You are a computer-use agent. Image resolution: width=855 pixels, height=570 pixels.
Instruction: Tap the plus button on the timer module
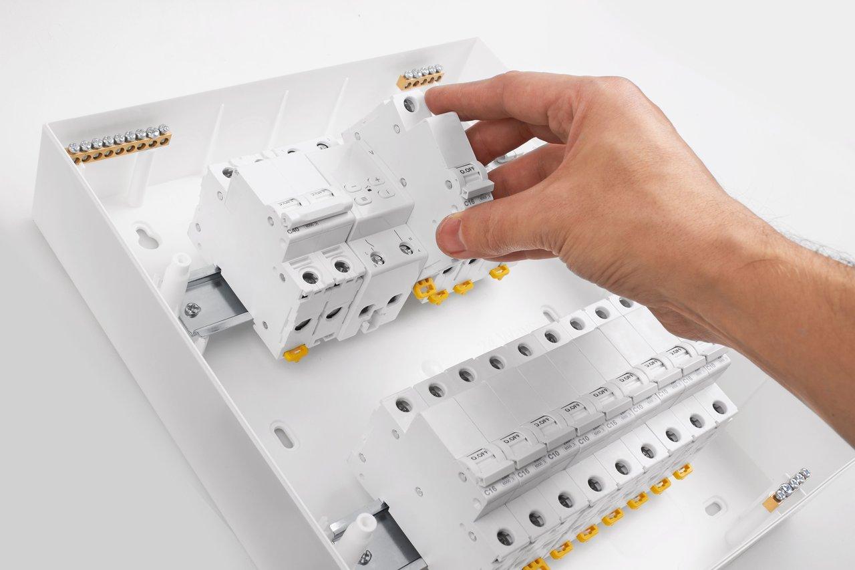377,180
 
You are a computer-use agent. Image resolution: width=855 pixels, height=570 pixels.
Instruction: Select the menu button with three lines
364,199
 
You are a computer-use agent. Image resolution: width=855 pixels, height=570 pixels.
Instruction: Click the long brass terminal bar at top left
119,143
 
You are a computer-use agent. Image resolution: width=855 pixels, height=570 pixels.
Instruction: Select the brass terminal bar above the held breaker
420,77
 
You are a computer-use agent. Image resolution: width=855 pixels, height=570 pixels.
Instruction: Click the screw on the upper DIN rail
192,309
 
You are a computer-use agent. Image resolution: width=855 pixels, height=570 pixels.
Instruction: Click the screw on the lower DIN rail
364,557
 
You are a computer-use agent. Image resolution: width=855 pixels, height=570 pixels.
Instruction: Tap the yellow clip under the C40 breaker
295,353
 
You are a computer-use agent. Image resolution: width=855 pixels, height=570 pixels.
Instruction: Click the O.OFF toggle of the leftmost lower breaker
480,457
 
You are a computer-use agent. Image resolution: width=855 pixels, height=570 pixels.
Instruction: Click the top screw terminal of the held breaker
409,105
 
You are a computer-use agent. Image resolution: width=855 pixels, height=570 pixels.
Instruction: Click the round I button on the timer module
386,193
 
